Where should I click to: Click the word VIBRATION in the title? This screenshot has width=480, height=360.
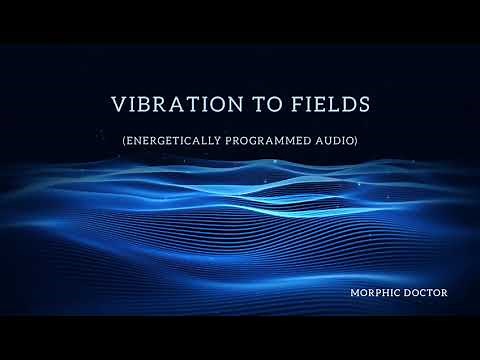166,105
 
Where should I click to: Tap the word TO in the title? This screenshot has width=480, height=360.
252,105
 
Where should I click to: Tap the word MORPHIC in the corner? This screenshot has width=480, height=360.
372,294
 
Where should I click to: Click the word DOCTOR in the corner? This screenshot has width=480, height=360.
423,294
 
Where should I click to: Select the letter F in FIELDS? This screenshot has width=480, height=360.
282,105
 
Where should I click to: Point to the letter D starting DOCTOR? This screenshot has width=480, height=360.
403,294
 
